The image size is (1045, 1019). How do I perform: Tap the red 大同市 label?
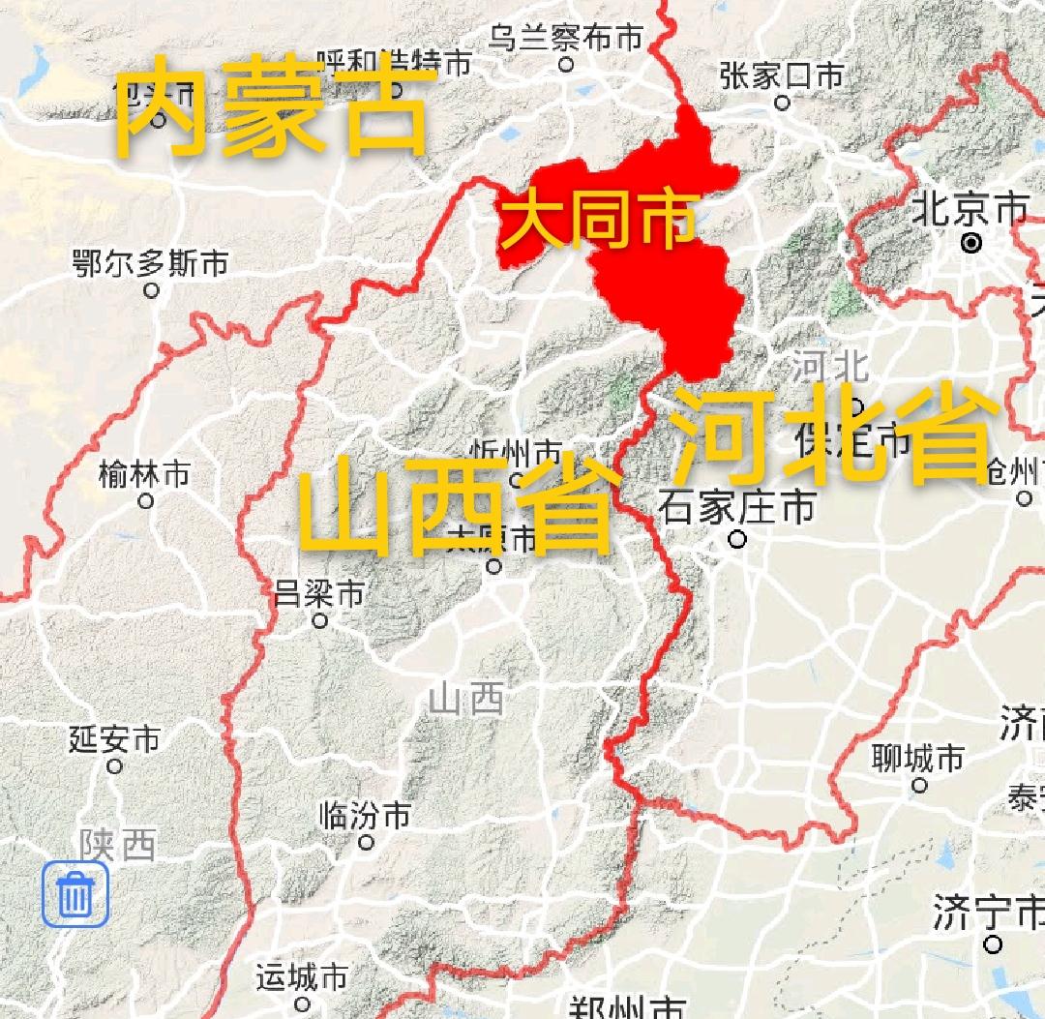tap(599, 220)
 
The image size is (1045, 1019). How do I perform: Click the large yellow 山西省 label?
tap(459, 505)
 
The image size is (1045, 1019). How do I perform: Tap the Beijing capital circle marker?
tap(971, 243)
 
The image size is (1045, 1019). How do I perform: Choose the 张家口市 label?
tap(781, 76)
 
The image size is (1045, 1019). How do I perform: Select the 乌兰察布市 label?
tap(565, 39)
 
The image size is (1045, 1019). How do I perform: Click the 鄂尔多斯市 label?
tap(151, 262)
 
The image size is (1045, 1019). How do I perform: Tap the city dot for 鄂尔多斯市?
tap(151, 289)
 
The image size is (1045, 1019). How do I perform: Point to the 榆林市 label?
tap(145, 474)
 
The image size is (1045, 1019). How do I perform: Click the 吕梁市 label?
tap(319, 592)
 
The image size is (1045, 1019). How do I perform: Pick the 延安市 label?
tap(114, 739)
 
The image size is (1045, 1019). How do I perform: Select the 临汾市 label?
tap(365, 815)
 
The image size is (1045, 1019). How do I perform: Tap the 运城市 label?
tap(302, 977)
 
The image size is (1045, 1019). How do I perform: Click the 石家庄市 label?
tap(737, 507)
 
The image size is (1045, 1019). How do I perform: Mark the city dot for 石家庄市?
tap(737, 539)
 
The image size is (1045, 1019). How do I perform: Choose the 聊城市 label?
tap(918, 757)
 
